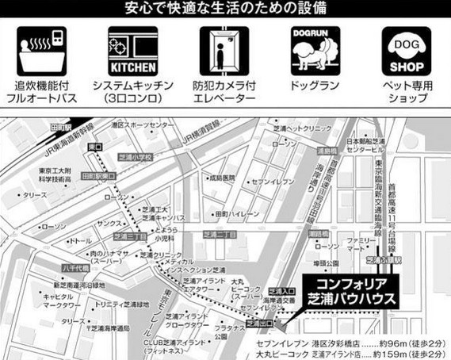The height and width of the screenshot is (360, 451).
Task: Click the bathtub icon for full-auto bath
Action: [39, 52]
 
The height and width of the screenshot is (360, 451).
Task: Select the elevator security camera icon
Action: [219, 52]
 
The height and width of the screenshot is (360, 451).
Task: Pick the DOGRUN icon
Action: [314, 52]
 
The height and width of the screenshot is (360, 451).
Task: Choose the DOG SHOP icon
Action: [406, 52]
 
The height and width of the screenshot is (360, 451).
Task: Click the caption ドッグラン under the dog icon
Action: [314, 82]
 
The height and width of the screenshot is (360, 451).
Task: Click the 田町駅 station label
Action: [60, 128]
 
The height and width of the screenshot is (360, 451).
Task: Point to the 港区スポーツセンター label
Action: [143, 125]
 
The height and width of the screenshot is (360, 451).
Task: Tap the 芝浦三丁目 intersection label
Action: [128, 236]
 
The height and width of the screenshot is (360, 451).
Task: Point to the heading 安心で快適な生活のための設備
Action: [225, 10]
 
